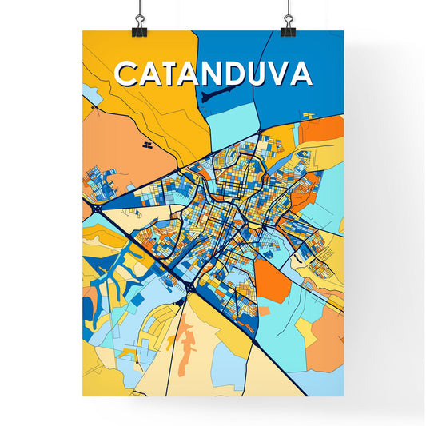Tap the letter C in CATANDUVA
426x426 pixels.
click(128, 74)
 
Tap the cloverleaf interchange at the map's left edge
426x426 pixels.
click(97, 209)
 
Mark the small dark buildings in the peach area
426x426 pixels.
click(147, 145)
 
